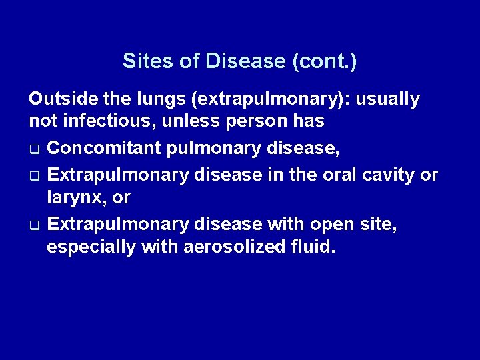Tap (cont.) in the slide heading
coord(324,61)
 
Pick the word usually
coord(389,100)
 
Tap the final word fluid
coord(311,247)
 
